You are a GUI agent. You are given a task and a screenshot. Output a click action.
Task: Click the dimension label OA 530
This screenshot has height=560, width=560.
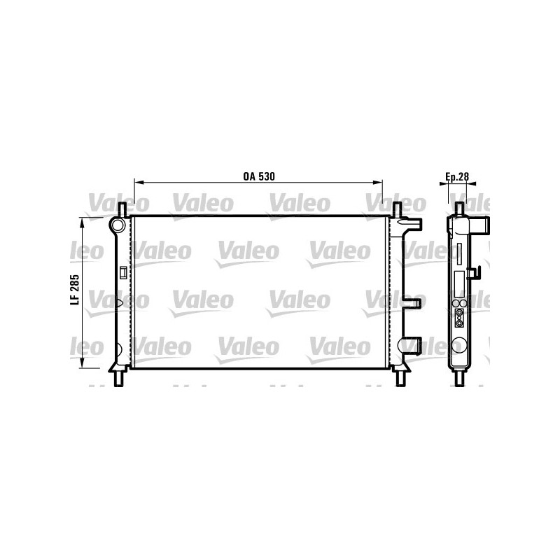point(258,176)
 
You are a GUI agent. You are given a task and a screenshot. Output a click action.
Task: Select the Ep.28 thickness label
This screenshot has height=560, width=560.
point(457,176)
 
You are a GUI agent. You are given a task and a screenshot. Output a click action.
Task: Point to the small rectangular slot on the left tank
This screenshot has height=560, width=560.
point(123,273)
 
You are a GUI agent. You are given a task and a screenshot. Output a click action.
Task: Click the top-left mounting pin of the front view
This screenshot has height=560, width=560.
point(122,209)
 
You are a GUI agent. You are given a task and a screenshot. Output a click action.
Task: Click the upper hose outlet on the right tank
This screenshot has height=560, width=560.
point(413,225)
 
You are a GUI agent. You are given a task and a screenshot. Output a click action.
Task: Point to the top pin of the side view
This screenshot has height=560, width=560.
point(460,209)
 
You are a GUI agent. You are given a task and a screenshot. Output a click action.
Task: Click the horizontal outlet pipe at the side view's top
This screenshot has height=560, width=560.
point(482,225)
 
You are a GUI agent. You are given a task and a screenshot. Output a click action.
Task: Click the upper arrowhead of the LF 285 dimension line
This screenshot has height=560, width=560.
point(84,222)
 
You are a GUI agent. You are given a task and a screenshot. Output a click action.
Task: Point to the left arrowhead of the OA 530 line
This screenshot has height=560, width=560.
point(137,183)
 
